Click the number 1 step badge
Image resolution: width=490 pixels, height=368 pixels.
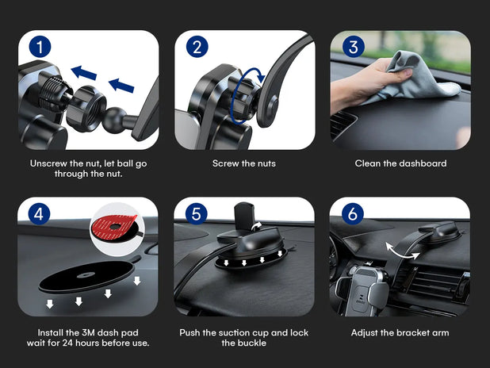40,48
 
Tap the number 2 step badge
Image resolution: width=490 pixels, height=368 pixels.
197,48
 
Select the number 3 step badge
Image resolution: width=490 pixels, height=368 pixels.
353,48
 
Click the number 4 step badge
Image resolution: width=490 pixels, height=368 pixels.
39,214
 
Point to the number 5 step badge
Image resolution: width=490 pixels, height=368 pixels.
196,214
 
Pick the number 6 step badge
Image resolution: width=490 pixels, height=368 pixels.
353,214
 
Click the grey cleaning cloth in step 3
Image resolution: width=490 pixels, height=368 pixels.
415,79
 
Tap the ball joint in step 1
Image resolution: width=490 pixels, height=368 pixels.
113,121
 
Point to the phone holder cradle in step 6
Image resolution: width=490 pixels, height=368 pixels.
362,290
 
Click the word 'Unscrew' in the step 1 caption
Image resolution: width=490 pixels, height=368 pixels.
48,163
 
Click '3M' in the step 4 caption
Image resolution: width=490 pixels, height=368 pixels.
89,332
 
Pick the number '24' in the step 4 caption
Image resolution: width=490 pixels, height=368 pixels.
68,343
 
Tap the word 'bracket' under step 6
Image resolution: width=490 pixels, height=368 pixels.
412,332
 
